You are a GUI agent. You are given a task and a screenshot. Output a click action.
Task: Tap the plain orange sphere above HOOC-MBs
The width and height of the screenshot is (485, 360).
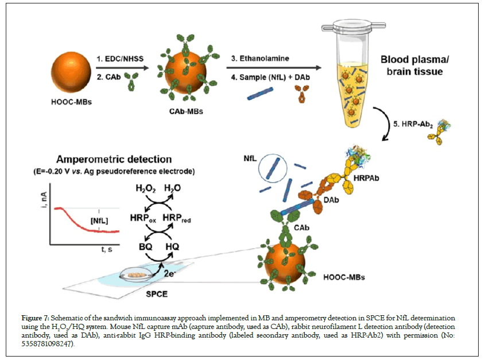click(x=68, y=70)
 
